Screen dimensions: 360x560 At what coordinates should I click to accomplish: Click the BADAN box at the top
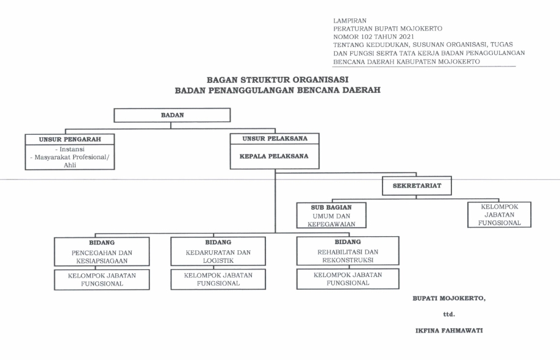pyautogui.click(x=172, y=115)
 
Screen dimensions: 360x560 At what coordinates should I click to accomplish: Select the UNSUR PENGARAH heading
pyautogui.click(x=70, y=139)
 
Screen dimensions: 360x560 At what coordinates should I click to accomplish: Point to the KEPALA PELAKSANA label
pyautogui.click(x=274, y=156)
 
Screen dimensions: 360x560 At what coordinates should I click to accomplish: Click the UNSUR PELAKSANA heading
pyautogui.click(x=274, y=139)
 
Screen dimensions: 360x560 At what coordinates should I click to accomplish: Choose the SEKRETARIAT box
pyautogui.click(x=417, y=185)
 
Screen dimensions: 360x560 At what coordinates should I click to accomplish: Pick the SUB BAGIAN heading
pyautogui.click(x=331, y=207)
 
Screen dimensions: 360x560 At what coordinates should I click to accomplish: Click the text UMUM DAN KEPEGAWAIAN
pyautogui.click(x=331, y=220)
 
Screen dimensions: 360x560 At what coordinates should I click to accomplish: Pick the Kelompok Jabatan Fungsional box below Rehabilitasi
pyautogui.click(x=348, y=279)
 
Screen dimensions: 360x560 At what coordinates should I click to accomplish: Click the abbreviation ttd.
pyautogui.click(x=449, y=314)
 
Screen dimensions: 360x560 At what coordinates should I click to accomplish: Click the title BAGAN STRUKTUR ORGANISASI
pyautogui.click(x=277, y=80)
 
